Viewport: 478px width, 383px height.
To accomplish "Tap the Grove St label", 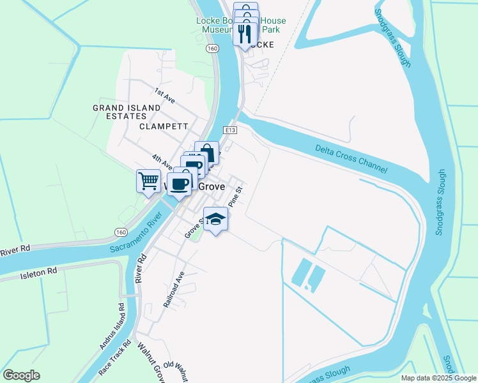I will tap(193, 227).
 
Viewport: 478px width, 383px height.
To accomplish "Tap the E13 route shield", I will tap(231, 130).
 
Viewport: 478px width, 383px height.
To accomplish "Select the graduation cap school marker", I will tap(216, 218).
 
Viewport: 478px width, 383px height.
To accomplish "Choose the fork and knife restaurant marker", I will tap(244, 34).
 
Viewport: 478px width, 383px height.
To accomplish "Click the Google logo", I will tap(21, 375).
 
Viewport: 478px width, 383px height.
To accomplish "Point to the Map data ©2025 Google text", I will tap(438, 378).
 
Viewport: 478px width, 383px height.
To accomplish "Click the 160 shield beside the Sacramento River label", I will tap(121, 232).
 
